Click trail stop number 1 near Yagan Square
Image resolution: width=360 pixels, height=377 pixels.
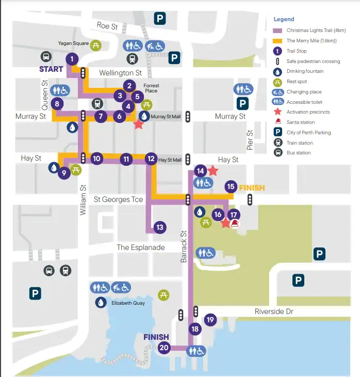pos(72,59)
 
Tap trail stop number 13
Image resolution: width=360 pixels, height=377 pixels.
pos(160,227)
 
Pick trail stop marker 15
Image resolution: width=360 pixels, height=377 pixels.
pos(231,186)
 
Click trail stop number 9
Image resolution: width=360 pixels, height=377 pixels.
pos(63,174)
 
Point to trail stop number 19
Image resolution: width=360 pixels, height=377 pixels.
pos(209,320)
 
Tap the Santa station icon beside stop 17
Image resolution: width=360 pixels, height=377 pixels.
pos(236,223)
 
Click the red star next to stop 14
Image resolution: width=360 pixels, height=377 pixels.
pos(213,170)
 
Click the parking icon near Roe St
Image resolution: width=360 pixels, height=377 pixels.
pos(161,20)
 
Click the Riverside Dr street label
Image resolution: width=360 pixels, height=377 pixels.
pos(274,311)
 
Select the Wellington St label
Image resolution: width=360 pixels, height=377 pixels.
pos(120,73)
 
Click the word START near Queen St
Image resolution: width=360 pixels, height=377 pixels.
pos(52,69)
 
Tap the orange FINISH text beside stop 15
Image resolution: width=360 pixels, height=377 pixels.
pos(252,188)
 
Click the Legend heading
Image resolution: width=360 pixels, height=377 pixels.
pos(283,19)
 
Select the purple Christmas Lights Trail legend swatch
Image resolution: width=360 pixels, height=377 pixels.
pos(277,30)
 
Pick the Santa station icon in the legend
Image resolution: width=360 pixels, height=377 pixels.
pos(277,122)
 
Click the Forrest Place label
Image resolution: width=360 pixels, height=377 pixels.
pos(151,88)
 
